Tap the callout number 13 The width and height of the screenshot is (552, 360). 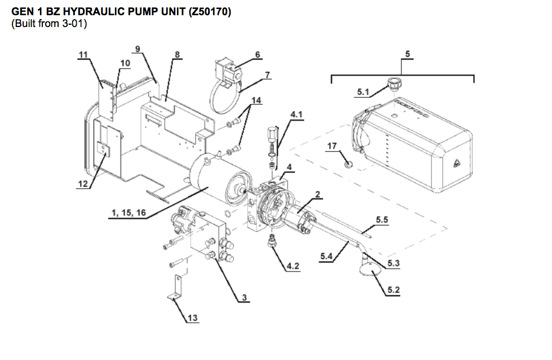193,318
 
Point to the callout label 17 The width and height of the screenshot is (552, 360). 332,146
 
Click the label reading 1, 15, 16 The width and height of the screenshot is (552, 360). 129,212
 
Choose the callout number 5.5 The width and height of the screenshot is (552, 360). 382,220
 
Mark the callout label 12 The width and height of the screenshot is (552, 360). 83,184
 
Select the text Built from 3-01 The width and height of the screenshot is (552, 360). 50,24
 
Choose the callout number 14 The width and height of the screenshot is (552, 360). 257,100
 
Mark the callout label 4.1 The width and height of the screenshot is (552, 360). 297,114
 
